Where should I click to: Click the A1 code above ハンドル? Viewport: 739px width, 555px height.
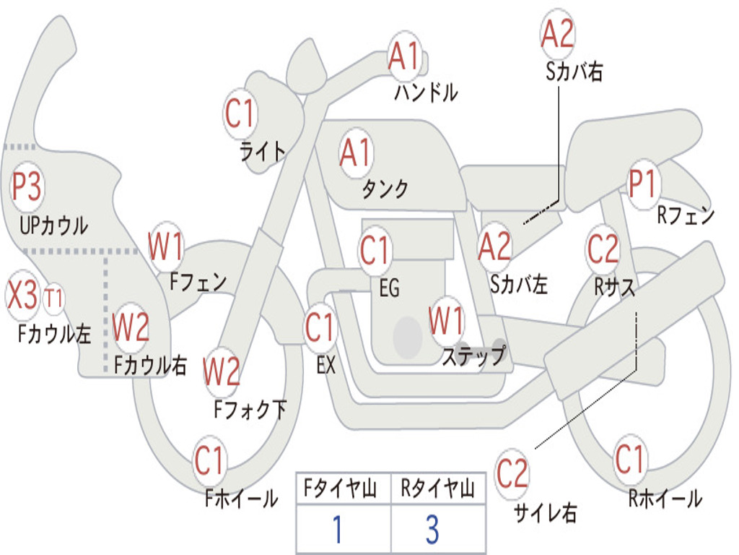[x=403, y=56]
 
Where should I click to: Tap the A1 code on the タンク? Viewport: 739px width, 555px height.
[x=356, y=153]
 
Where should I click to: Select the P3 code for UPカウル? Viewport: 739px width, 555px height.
[x=27, y=187]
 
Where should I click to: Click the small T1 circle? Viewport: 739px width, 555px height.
[x=54, y=298]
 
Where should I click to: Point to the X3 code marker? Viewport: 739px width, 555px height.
[x=22, y=296]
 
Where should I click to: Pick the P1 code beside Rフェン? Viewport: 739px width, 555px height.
[x=642, y=185]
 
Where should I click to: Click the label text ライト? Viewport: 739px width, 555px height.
[x=263, y=150]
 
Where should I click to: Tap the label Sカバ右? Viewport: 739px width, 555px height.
[x=574, y=72]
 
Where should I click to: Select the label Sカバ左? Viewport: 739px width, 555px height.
[x=519, y=285]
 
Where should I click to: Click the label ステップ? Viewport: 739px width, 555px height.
[x=474, y=356]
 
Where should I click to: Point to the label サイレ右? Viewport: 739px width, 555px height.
[x=546, y=512]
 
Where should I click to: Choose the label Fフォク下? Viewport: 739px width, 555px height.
[x=250, y=410]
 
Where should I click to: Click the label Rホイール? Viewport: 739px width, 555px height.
[x=665, y=498]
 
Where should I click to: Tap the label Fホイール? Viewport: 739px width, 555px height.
[x=241, y=498]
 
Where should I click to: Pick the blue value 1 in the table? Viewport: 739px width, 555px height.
[x=336, y=530]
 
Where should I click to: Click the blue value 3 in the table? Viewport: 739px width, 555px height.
[x=432, y=530]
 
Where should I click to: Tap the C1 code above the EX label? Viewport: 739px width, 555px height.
[x=320, y=327]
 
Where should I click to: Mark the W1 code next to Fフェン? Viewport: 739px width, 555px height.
[x=166, y=246]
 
